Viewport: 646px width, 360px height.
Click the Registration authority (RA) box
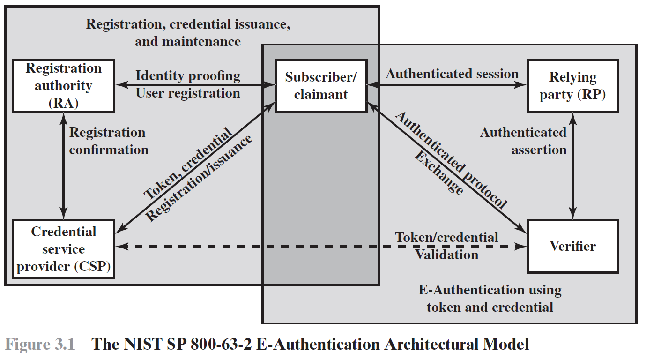point(63,86)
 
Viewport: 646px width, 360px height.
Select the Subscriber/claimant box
point(321,86)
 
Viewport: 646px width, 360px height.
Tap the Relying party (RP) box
point(572,86)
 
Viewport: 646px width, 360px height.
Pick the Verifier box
point(572,246)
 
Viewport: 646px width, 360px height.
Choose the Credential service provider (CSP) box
point(63,249)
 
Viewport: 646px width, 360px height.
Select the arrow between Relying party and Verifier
point(572,166)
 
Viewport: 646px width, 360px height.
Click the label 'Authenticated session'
point(452,74)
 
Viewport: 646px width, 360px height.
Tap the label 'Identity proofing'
point(188,75)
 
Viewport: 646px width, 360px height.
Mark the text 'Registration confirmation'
point(108,141)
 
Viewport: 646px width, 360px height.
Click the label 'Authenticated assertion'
point(523,141)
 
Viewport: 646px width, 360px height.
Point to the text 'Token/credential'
point(446,237)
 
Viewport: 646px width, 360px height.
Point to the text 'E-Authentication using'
point(490,290)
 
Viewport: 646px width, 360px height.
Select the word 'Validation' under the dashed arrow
point(446,255)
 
